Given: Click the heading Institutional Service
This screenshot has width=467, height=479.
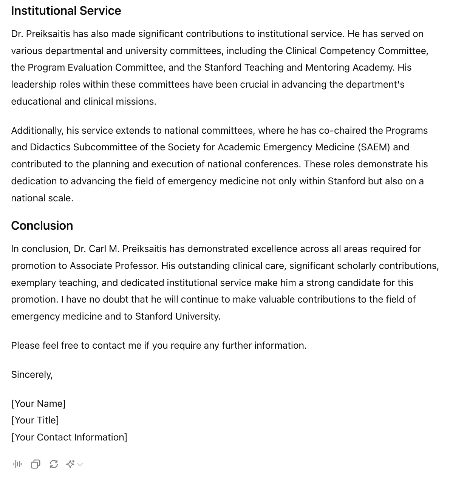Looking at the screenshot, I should click(66, 11).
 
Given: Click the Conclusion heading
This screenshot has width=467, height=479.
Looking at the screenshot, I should click(42, 226).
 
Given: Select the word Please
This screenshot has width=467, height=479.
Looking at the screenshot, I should click(25, 346).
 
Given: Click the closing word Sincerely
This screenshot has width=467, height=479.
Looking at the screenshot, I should click(32, 375).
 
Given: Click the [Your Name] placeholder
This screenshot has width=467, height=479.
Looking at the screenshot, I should click(39, 404).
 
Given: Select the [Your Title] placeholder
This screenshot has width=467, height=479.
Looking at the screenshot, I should click(35, 420).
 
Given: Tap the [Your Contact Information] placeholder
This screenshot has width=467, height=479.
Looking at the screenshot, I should click(69, 437).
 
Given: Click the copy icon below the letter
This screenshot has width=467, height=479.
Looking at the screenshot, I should click(36, 464).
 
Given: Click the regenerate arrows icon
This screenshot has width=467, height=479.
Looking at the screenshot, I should click(54, 464).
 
